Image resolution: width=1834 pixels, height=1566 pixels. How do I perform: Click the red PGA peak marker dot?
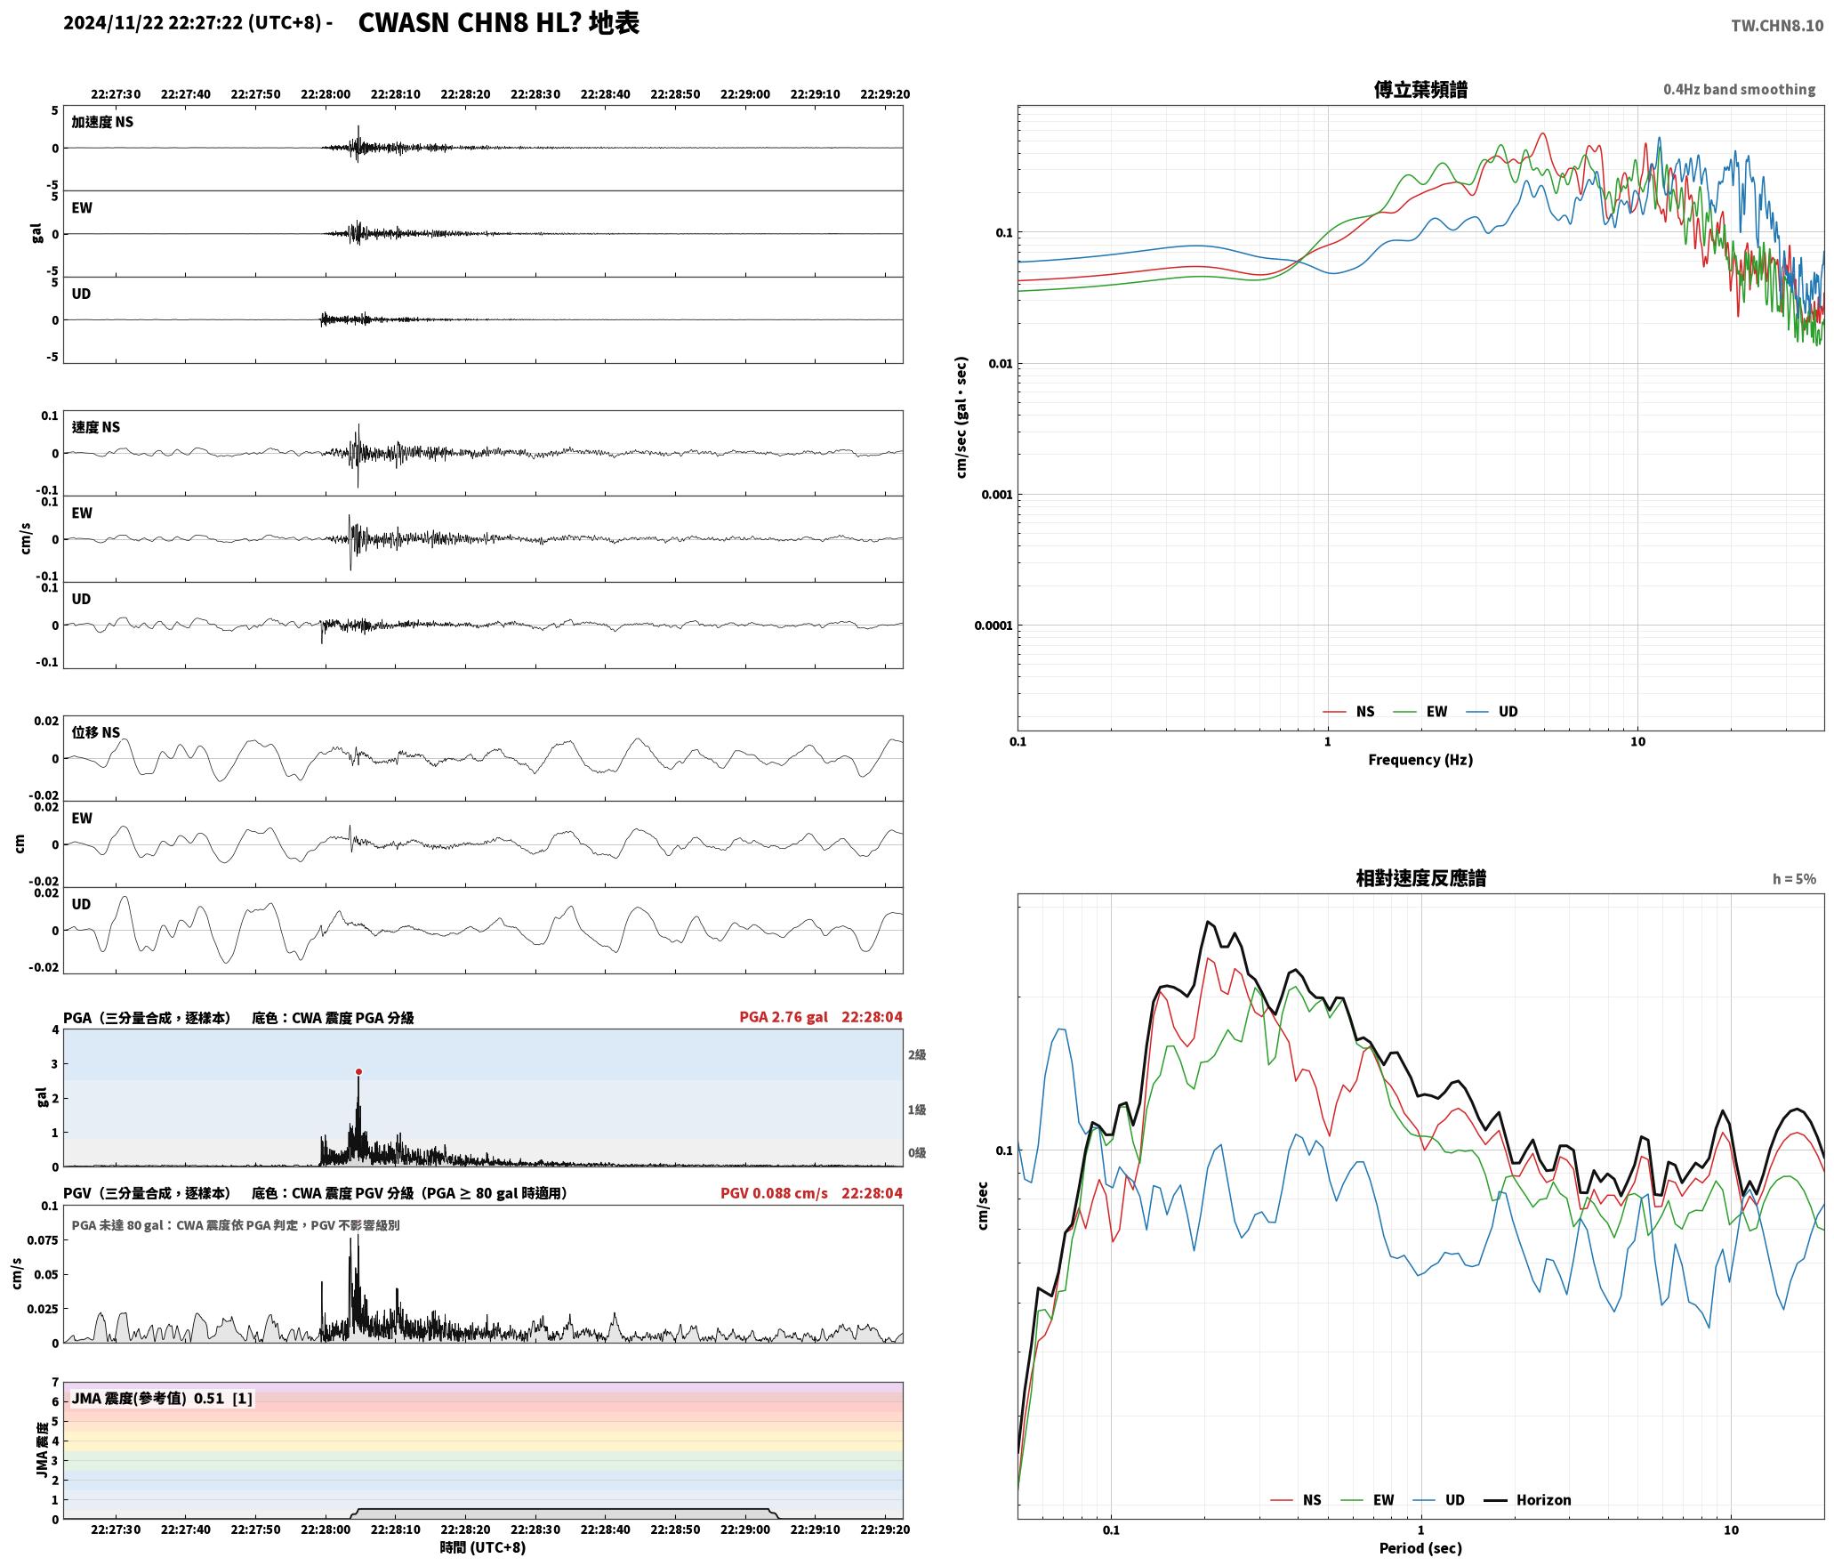[x=358, y=1071]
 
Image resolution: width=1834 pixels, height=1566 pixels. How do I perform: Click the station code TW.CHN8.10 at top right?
[x=1777, y=25]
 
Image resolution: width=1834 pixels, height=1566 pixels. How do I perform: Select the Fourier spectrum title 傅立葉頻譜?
[x=1420, y=89]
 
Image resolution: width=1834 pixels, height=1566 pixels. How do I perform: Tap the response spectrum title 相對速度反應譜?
[x=1420, y=877]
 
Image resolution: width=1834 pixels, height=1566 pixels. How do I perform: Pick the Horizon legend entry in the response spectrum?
[x=1528, y=1499]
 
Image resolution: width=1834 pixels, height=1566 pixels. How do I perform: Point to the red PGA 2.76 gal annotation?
[x=784, y=1016]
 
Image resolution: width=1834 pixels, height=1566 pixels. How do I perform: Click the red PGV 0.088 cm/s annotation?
[x=774, y=1192]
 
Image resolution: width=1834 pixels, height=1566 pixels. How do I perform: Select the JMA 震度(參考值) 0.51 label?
[x=148, y=1398]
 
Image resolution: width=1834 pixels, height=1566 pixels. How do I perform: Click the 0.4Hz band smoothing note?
[x=1740, y=89]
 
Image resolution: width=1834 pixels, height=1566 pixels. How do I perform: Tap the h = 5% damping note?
[x=1794, y=878]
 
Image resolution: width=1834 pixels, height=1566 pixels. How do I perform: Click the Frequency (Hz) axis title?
[x=1420, y=759]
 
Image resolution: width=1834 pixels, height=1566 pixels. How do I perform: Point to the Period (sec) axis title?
[x=1420, y=1547]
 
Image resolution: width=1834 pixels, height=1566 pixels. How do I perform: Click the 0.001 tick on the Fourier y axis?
[x=996, y=495]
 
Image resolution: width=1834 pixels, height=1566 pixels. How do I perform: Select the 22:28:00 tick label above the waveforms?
[x=326, y=93]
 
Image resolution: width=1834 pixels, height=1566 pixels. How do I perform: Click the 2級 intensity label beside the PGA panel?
[x=917, y=1054]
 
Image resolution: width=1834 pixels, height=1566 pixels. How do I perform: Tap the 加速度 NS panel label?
[x=102, y=122]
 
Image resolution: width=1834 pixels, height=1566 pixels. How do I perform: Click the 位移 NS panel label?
[x=96, y=732]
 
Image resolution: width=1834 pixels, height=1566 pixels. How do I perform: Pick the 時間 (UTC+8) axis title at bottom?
[x=483, y=1547]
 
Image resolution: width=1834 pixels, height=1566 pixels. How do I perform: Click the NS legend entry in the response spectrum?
[x=1296, y=1499]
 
